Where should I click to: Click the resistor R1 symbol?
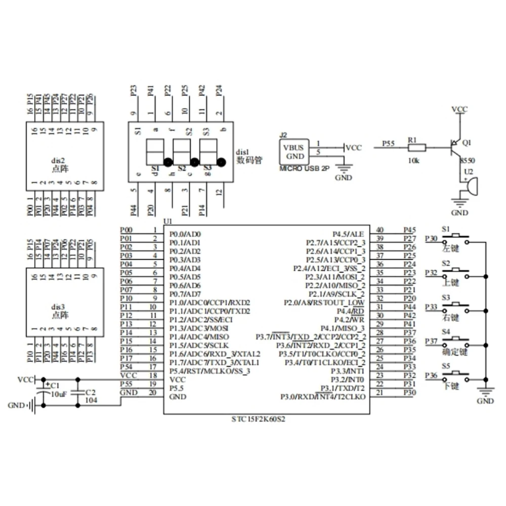417,148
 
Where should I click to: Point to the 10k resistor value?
413,160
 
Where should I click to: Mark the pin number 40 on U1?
380,230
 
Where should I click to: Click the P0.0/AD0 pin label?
185,234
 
